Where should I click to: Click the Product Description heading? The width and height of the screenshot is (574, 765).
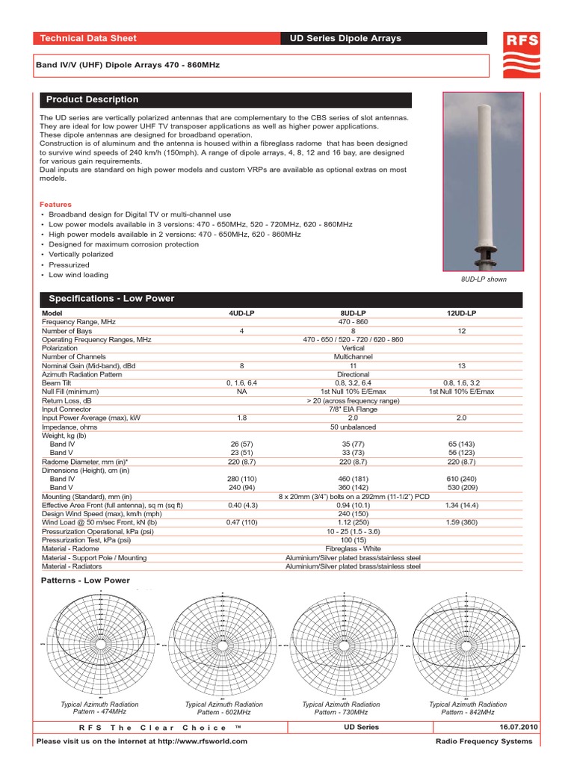[x=92, y=99]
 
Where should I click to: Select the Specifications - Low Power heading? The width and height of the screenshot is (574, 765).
[x=110, y=299]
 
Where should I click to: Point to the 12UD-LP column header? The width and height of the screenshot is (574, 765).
[x=460, y=313]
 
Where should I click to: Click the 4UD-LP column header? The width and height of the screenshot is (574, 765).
[x=241, y=313]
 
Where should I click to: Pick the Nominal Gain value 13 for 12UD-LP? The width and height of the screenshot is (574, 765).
[x=460, y=366]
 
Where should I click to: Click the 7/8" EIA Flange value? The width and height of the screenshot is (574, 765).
[x=353, y=409]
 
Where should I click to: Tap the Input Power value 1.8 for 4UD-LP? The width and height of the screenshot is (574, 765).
[x=241, y=418]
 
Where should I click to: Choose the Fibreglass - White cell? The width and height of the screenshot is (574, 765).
[x=353, y=548]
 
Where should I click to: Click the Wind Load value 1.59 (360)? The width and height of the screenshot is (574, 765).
[x=460, y=522]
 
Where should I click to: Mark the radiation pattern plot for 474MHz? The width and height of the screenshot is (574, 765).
[x=99, y=643]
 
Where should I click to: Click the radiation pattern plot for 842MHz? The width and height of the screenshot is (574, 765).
[x=467, y=643]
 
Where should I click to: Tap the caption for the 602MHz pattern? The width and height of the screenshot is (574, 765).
[x=223, y=708]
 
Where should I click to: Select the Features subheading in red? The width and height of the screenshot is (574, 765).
[x=55, y=205]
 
